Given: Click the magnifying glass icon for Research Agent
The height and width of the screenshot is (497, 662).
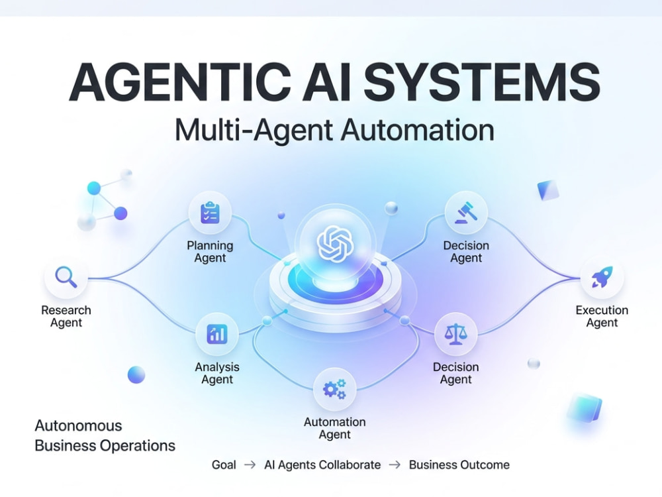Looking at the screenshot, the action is pos(66,277).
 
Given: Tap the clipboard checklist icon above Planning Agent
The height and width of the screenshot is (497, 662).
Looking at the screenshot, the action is pos(210,213).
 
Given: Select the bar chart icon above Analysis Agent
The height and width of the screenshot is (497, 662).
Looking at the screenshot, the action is pos(217,334).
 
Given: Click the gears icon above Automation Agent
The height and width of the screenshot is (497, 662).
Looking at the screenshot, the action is pos(334,389).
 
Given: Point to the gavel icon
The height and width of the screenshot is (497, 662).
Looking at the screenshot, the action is pos(465,213).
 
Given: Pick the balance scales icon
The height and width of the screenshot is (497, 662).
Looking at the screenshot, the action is pos(456,334).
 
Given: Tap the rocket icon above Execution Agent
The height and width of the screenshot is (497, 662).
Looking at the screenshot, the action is pos(602,277).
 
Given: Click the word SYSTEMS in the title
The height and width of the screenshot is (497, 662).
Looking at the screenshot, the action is pos(482,82).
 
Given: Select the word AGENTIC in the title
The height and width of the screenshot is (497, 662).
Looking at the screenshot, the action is pos(180,82).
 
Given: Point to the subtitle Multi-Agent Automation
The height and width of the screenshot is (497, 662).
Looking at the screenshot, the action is pos(334,130).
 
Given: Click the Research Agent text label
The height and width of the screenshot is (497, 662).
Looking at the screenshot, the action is pos(66,316).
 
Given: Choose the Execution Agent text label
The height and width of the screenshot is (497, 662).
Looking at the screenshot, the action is pos(602,316).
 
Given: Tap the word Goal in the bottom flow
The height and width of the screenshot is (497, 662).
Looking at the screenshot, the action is pos(224,465).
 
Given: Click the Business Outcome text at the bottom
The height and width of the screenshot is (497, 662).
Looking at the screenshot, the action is pos(459,465).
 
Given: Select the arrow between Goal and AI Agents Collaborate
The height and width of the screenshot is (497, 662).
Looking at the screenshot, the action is pos(250,465).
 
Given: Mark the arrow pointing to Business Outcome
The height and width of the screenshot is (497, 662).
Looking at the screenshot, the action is pos(395,465).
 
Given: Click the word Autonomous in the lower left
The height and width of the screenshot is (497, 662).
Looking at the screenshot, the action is pos(79,425).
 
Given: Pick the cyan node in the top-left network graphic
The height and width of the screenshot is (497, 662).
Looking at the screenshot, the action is pos(94,188).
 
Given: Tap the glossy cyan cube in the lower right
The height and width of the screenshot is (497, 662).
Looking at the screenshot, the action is pos(585,408).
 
